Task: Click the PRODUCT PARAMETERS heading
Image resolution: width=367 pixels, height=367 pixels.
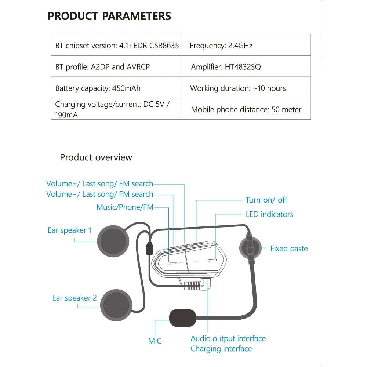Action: (x=109, y=17)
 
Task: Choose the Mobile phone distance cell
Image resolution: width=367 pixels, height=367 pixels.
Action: (x=246, y=109)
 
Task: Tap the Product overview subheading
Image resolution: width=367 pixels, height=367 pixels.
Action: (x=96, y=157)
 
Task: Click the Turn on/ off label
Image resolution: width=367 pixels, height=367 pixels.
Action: (x=266, y=200)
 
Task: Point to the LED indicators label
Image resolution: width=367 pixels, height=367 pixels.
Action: (x=269, y=214)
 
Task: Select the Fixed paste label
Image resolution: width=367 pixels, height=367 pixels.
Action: (x=289, y=248)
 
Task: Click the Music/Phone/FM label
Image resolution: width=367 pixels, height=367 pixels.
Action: (x=125, y=207)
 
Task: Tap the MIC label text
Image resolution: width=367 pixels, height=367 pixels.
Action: (x=155, y=341)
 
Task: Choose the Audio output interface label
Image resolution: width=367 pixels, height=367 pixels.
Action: (x=228, y=338)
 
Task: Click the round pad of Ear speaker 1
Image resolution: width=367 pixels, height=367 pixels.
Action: (x=113, y=242)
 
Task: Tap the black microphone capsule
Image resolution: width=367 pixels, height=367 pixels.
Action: (x=182, y=318)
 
